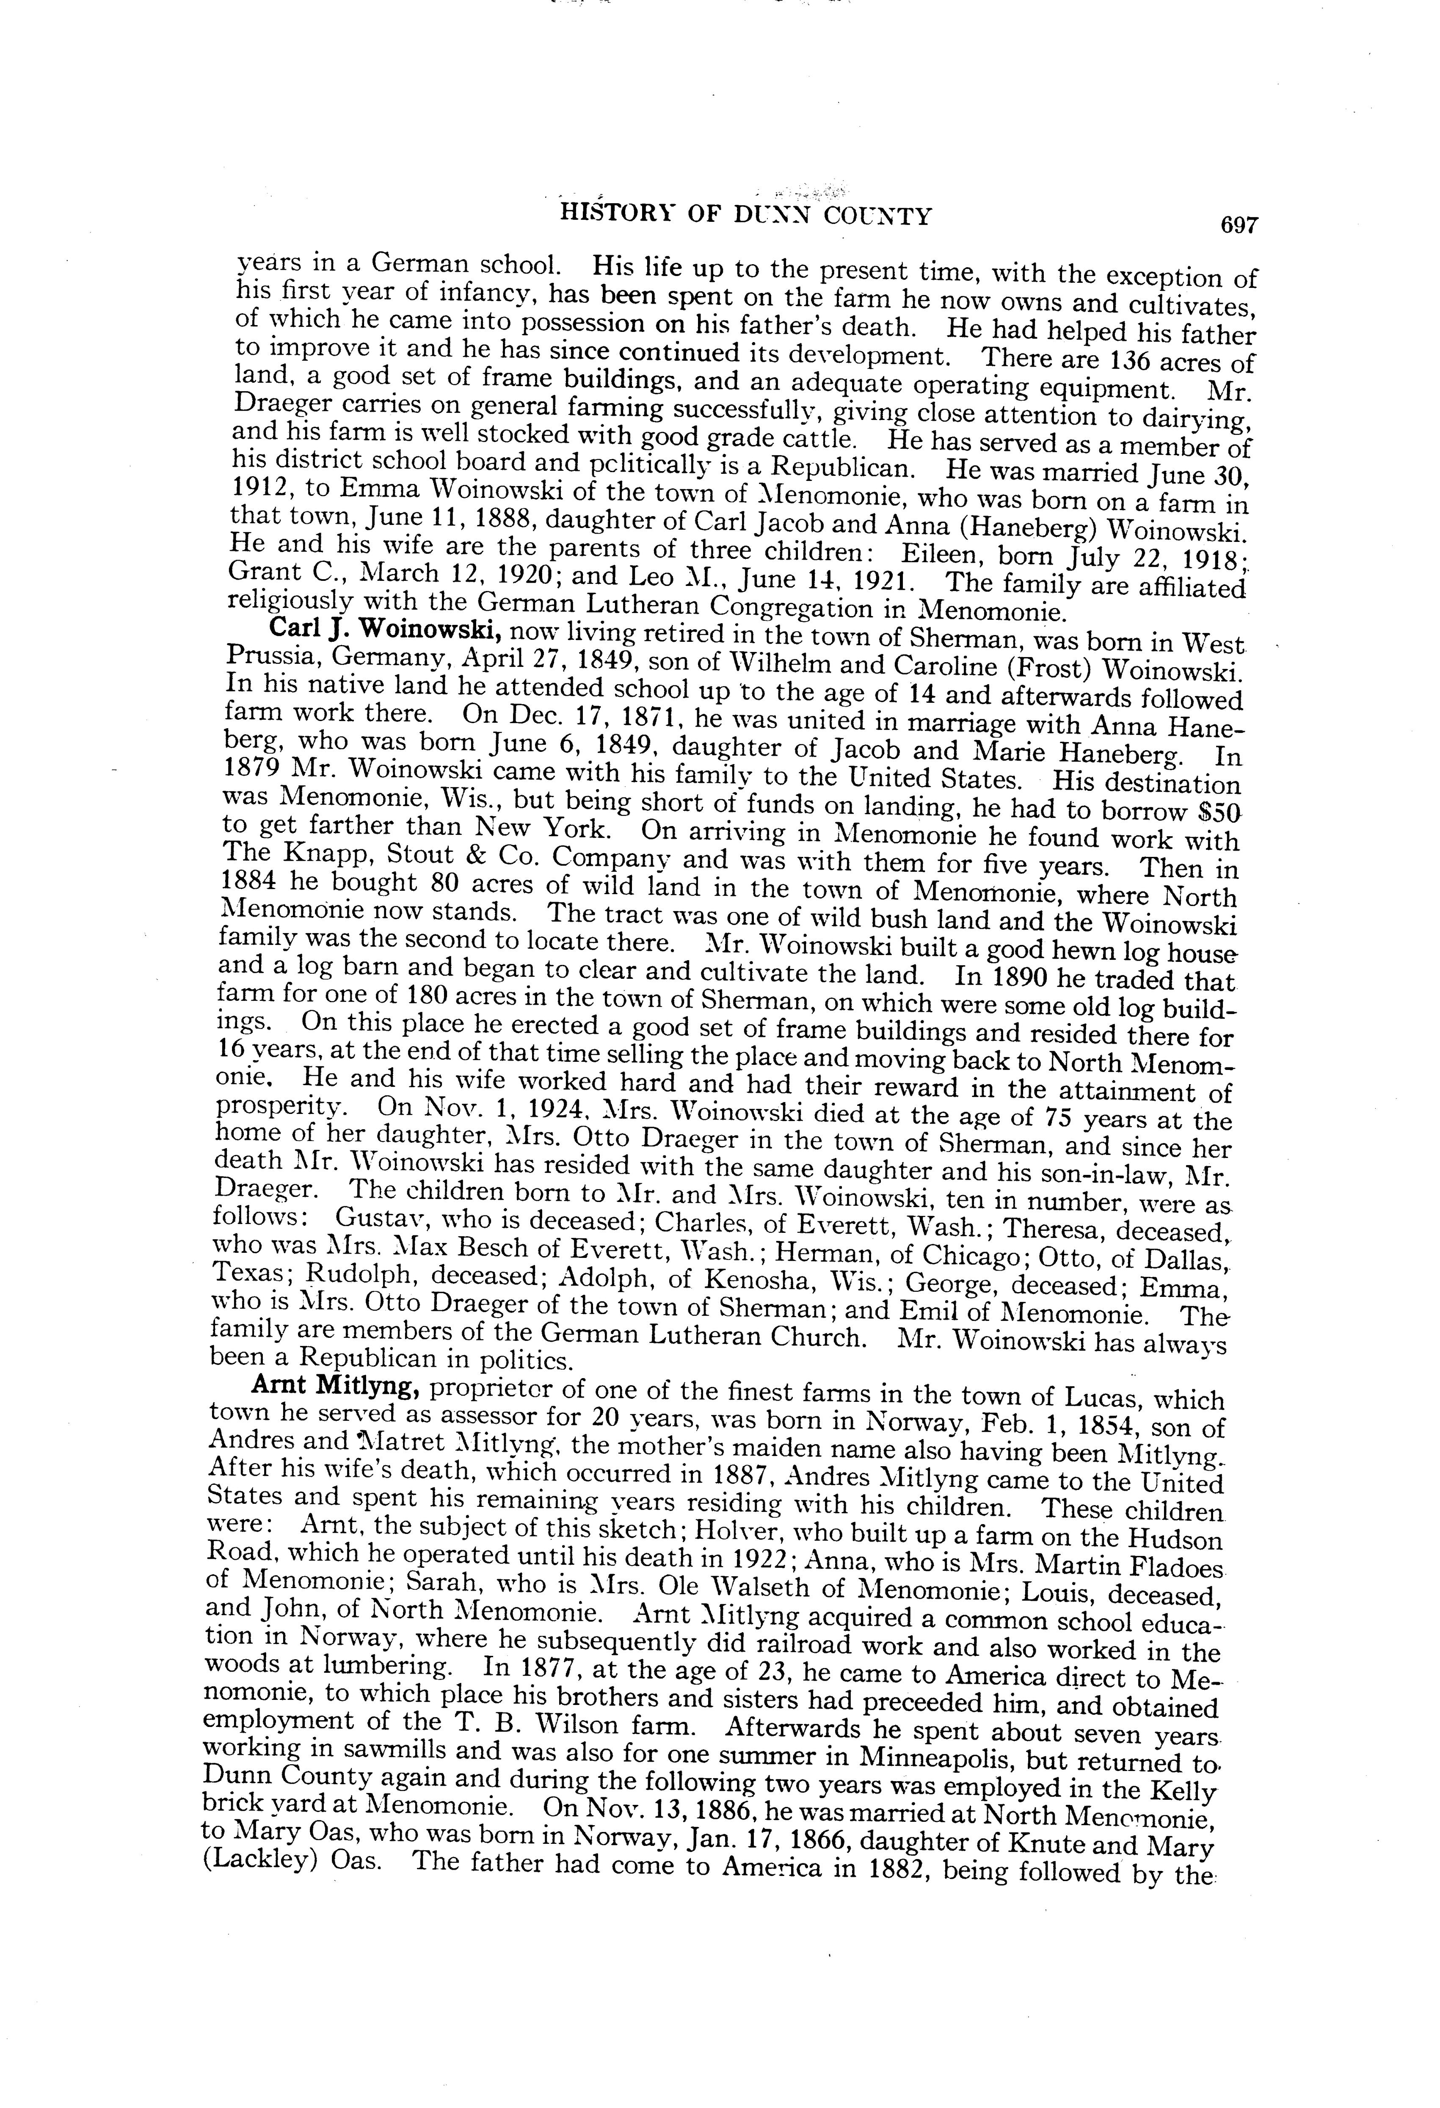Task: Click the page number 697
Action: pos(1240,225)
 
